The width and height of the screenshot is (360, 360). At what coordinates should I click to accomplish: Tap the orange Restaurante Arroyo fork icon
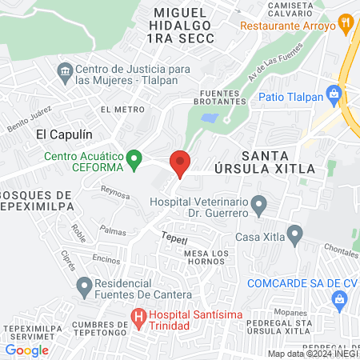click(x=346, y=23)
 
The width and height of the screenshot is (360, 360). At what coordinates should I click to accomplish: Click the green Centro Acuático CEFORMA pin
click(x=135, y=155)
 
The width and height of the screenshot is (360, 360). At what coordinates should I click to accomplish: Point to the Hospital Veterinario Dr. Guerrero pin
click(x=258, y=206)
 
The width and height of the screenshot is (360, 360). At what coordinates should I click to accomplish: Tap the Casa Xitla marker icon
click(x=295, y=236)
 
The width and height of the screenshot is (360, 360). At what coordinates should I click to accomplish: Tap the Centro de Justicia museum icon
click(x=64, y=74)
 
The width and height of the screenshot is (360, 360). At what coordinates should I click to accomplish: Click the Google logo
click(x=26, y=350)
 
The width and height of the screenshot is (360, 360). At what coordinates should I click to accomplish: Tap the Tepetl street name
click(x=174, y=238)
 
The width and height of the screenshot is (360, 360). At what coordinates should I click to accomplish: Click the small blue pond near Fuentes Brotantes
click(x=210, y=118)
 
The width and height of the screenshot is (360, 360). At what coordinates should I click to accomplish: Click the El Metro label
click(x=117, y=108)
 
